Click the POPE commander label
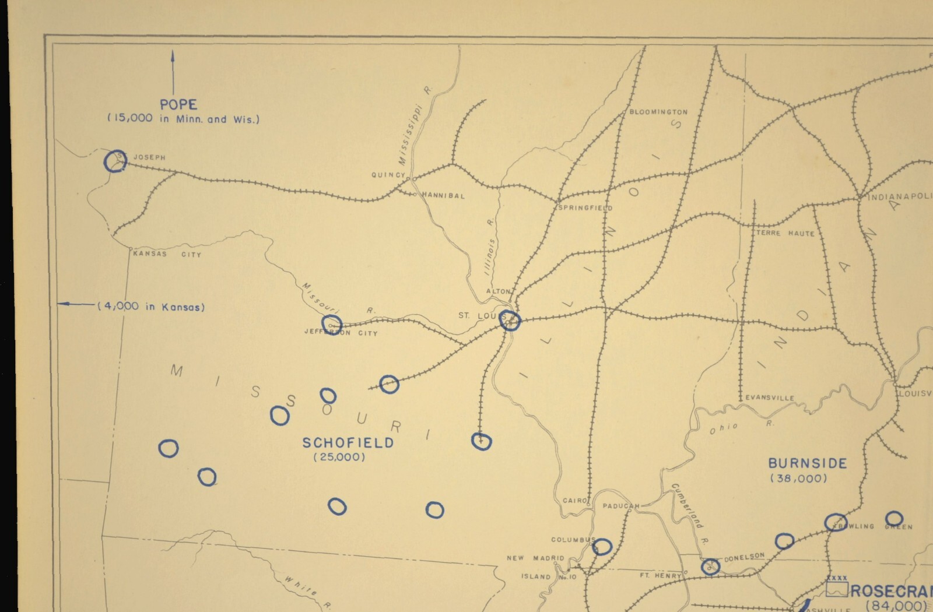coord(178,105)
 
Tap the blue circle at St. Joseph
coord(115,161)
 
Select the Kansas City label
coord(167,254)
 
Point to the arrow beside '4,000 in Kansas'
coord(76,304)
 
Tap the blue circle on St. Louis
coord(510,320)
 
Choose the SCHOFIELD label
coord(348,443)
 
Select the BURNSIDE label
coord(807,464)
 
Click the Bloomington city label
coord(658,112)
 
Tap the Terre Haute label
coord(785,233)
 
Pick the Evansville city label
coord(770,398)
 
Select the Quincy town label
coord(388,175)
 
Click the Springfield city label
coord(585,207)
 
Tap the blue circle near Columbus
coord(602,547)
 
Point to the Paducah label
coord(620,506)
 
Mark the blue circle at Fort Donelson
coord(710,566)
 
